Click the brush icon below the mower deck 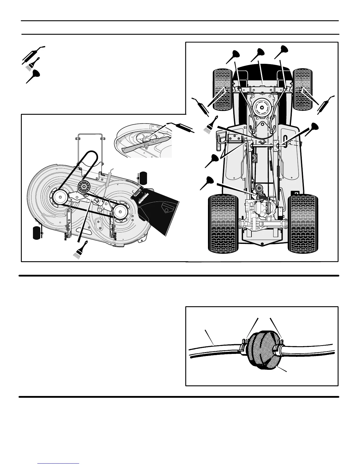81,250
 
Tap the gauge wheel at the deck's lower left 37,233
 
